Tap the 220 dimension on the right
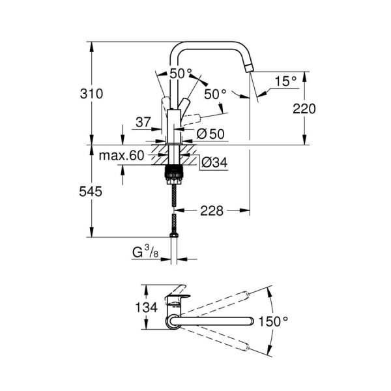[304, 109]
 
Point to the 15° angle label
[285, 81]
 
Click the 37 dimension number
[145, 121]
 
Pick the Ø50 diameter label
[210, 134]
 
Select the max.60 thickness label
[121, 156]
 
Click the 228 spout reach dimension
[211, 210]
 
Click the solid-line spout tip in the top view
[250, 321]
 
